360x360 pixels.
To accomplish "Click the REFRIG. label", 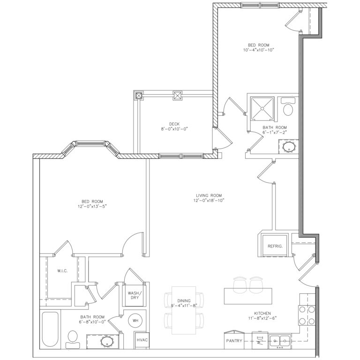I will (x=274, y=246).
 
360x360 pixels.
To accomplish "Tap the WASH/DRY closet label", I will (x=134, y=296).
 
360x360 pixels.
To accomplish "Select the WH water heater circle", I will (x=136, y=321).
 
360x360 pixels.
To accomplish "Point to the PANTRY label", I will (x=234, y=341).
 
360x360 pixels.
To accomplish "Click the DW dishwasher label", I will (x=258, y=340).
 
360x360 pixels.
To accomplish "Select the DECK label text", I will (x=168, y=124).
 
